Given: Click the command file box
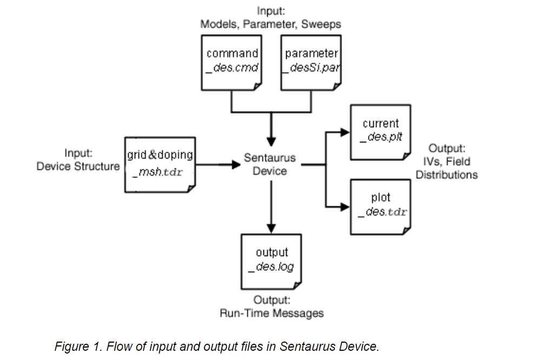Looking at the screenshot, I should pyautogui.click(x=232, y=62).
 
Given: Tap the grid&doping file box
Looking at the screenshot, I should pyautogui.click(x=160, y=164).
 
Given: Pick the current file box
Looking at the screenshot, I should pyautogui.click(x=380, y=132).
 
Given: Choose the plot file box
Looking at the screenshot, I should pyautogui.click(x=380, y=207).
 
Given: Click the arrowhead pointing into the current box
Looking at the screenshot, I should pyautogui.click(x=344, y=131).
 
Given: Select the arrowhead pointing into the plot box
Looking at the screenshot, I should pyautogui.click(x=344, y=206).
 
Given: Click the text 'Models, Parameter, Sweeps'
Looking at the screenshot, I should pyautogui.click(x=270, y=24).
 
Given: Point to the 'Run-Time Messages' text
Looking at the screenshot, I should pyautogui.click(x=272, y=313).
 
